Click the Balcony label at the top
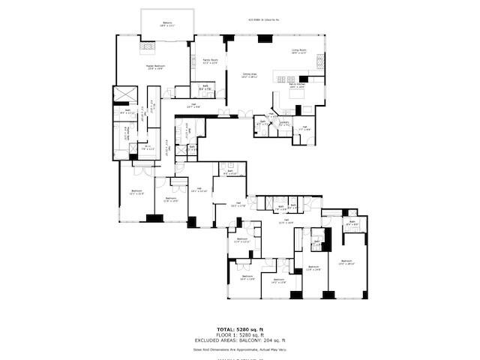point(168,24)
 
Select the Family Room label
point(210,61)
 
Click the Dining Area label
point(250,76)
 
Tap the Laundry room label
point(284,123)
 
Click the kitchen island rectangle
point(286,78)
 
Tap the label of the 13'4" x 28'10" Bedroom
point(346,263)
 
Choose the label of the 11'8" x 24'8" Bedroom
point(313,268)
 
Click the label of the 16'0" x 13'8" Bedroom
point(248,278)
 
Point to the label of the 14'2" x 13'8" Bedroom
point(277,282)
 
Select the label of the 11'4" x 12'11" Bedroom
point(241,241)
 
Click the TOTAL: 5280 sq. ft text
point(238,329)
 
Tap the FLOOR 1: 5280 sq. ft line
point(238,335)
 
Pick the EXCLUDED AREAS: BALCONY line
point(238,341)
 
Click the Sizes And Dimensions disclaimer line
point(238,349)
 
